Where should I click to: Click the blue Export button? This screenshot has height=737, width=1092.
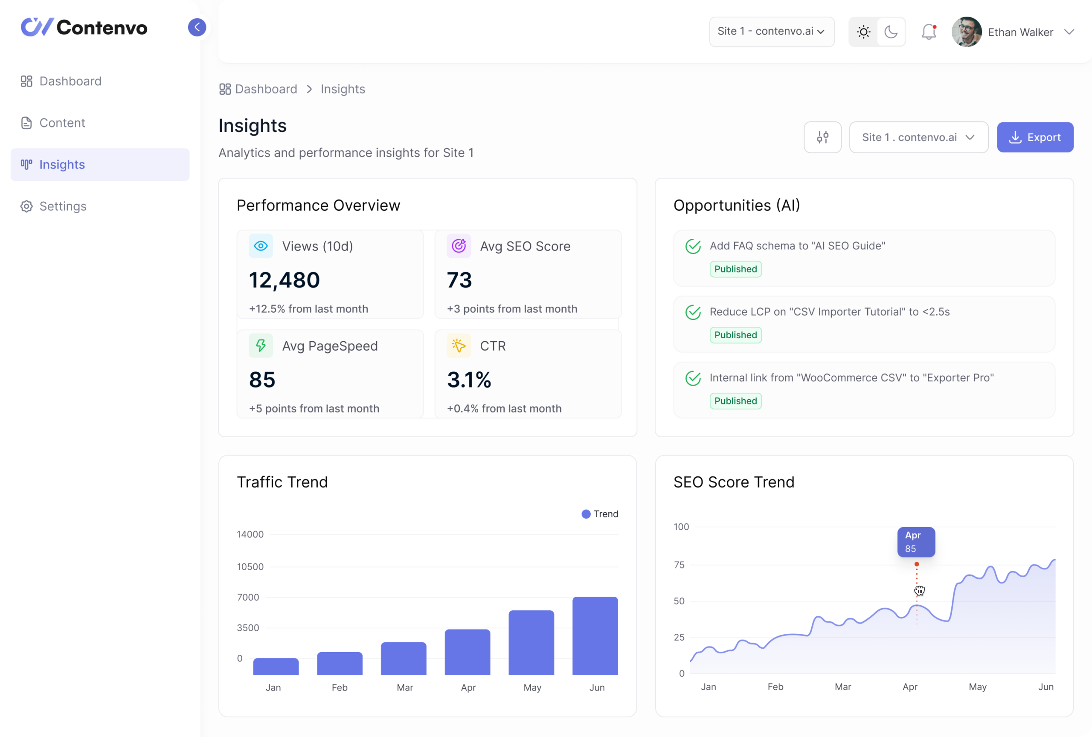click(1035, 137)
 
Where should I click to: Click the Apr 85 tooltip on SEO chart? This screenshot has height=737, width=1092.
click(916, 542)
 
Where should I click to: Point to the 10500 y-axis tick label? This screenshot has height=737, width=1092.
click(250, 566)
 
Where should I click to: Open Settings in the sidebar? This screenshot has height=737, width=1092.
click(63, 206)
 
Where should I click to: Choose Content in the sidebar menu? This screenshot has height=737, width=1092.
click(62, 123)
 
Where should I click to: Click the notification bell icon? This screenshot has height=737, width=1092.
click(929, 32)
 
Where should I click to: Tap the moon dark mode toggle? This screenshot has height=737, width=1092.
click(891, 32)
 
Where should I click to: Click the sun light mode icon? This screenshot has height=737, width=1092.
click(863, 32)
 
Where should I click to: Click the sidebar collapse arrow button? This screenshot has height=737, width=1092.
click(197, 27)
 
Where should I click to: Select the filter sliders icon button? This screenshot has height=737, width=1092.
click(822, 137)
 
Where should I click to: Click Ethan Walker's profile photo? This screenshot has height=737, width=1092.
click(966, 32)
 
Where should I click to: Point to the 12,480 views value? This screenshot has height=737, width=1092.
click(284, 280)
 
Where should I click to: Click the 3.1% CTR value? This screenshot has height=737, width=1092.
click(469, 380)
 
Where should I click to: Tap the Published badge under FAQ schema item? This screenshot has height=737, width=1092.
click(735, 269)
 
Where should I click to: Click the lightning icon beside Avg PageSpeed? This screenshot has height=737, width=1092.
click(261, 346)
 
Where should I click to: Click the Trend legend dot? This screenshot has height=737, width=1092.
click(586, 514)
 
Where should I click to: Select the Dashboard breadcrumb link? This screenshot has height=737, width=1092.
click(265, 89)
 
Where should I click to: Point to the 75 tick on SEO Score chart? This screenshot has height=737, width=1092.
click(679, 565)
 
